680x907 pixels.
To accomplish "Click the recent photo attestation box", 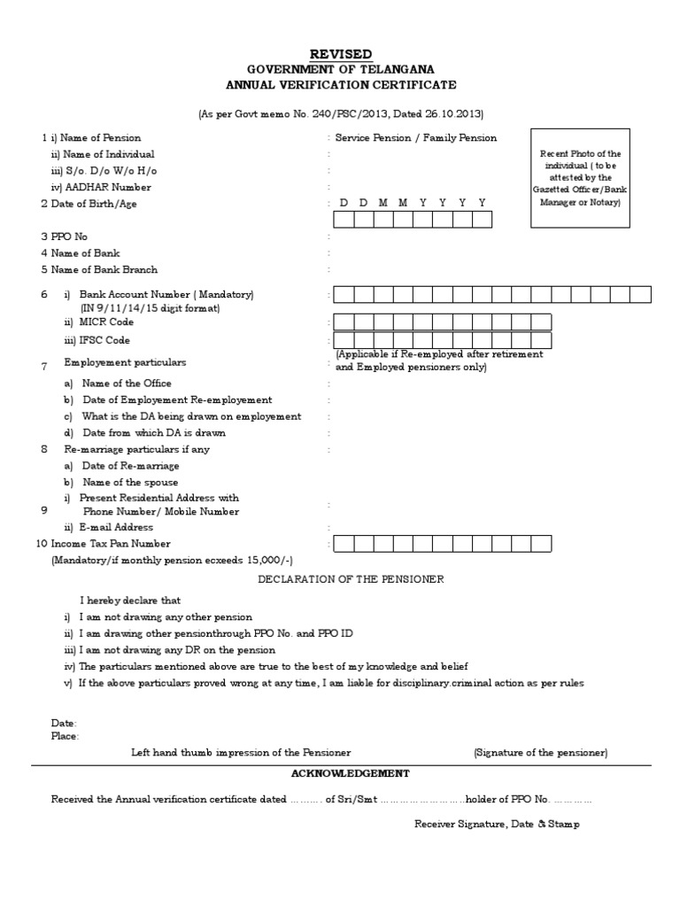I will point(581,178).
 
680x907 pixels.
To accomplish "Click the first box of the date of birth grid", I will point(343,220).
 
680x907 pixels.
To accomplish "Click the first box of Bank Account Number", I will point(343,295).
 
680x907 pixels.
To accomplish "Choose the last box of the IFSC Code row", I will point(540,341).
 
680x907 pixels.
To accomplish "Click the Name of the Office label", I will point(127,384).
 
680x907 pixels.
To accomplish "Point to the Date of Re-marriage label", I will point(130,465).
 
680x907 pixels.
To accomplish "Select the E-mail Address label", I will point(116,527).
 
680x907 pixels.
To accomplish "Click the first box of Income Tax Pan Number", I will point(343,544).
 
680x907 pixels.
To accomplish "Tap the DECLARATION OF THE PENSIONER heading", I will point(351,579).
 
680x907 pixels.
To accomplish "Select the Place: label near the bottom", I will point(65,735).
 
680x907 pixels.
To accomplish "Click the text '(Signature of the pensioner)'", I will point(540,752).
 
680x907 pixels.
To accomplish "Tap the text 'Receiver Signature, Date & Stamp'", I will point(497,824).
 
